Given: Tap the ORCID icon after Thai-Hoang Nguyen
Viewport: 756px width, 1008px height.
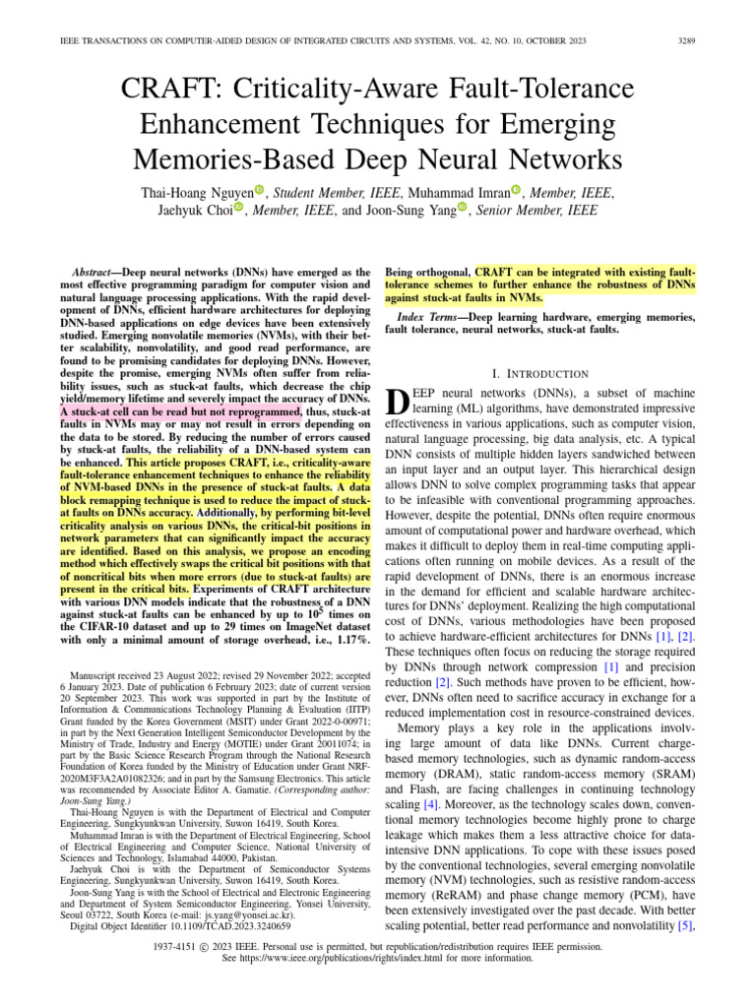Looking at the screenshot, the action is click(x=260, y=190).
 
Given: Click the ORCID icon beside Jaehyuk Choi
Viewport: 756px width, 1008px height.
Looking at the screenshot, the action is click(x=238, y=210).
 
